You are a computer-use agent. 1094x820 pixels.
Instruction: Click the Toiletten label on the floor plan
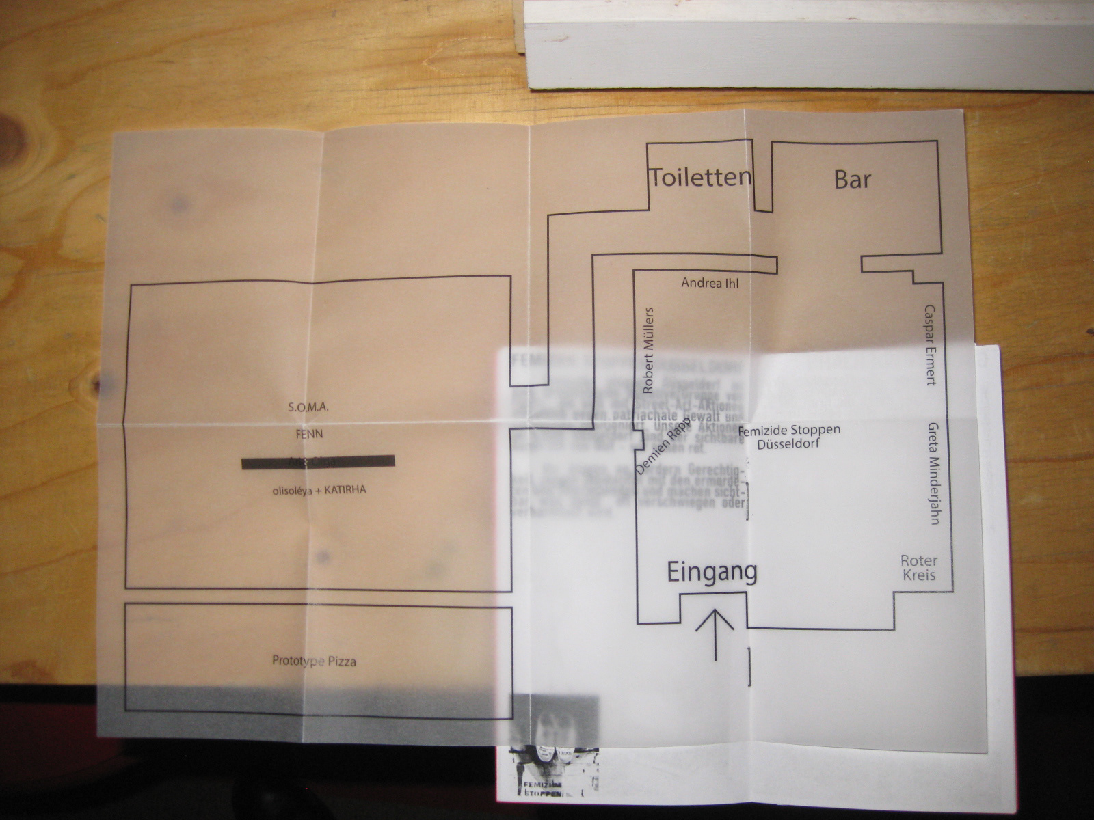[x=699, y=178]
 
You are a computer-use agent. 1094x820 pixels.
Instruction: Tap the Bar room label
[x=853, y=179]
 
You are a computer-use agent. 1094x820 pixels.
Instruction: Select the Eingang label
[x=712, y=572]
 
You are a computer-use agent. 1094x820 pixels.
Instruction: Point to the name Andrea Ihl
[x=710, y=282]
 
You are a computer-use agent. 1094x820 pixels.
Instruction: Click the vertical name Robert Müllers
[x=648, y=350]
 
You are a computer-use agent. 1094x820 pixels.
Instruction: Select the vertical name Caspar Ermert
[x=931, y=345]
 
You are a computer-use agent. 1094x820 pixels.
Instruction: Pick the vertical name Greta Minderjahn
[x=933, y=473]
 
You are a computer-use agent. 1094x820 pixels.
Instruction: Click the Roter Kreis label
[x=919, y=568]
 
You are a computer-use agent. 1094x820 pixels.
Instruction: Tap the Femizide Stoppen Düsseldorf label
[x=789, y=437]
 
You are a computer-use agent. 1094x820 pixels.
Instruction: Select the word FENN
[x=309, y=434]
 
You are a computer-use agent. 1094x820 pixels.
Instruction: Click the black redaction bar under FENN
[x=318, y=463]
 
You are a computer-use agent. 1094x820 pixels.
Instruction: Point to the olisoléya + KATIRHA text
[x=319, y=490]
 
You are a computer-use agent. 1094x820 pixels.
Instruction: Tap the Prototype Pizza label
[x=314, y=661]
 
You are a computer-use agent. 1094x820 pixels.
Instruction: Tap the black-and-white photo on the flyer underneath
[x=554, y=745]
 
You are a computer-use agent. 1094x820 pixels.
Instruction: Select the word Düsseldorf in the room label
[x=789, y=443]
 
